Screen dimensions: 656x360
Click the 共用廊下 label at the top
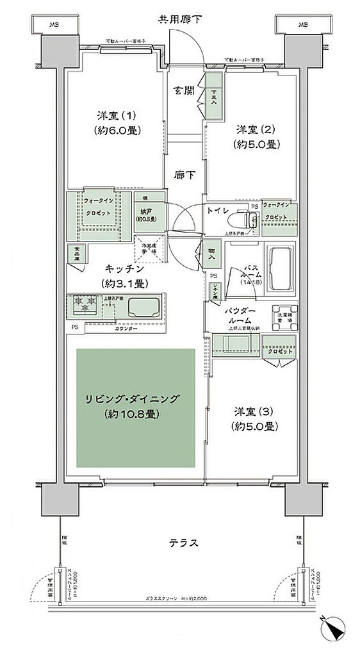coord(180,20)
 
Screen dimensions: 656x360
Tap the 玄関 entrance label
coord(184,90)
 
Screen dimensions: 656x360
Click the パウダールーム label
coord(241,316)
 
